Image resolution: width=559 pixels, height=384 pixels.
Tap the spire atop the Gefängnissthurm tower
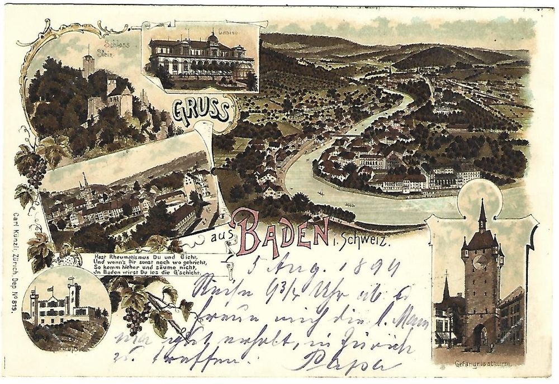click(482, 212)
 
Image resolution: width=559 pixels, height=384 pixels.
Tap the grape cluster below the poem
click(135, 319)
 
